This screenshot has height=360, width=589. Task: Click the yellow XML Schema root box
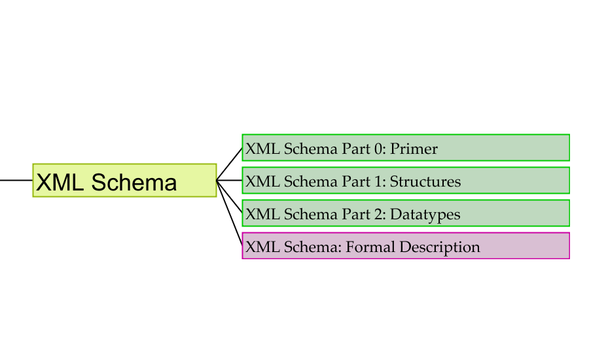[124, 181]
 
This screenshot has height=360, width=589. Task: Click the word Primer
[414, 149]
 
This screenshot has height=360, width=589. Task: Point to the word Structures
[425, 182]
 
